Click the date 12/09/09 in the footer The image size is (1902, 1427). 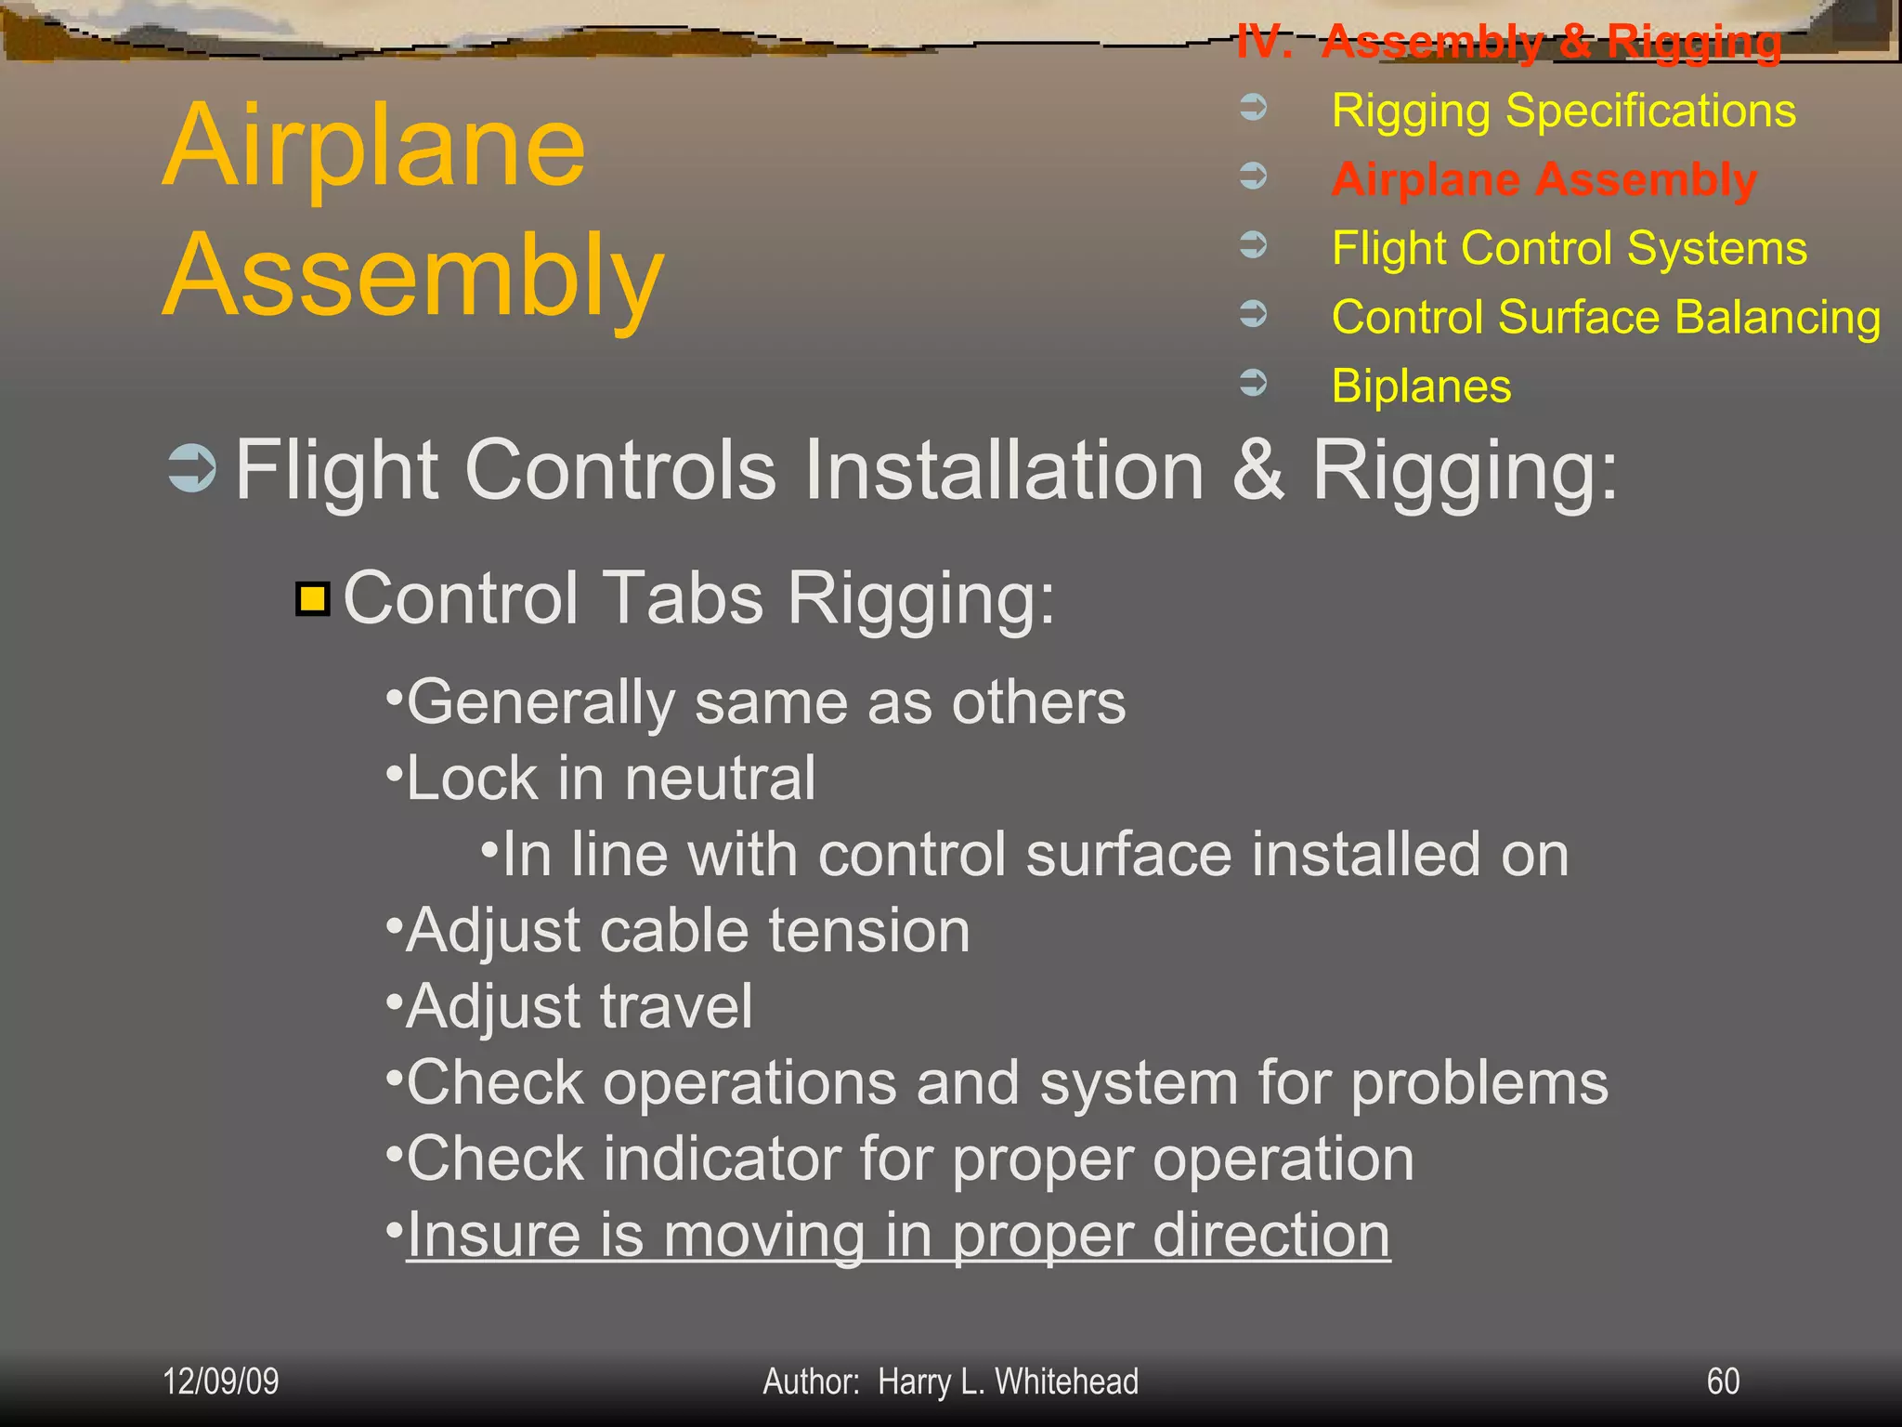[x=220, y=1381]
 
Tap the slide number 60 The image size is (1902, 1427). [x=1723, y=1381]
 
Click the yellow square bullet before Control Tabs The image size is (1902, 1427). [x=313, y=599]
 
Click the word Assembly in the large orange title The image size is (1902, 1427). [x=413, y=276]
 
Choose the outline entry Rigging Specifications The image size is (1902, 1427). [x=1563, y=111]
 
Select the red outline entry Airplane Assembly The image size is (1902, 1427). [x=1544, y=179]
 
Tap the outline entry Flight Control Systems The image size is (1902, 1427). [x=1569, y=248]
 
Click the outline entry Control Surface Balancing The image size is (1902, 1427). [x=1606, y=317]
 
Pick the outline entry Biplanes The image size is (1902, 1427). [x=1421, y=386]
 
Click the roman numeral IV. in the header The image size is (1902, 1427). [x=1264, y=42]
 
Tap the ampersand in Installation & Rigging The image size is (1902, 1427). [x=1258, y=469]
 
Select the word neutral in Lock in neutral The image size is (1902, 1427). [x=720, y=778]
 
